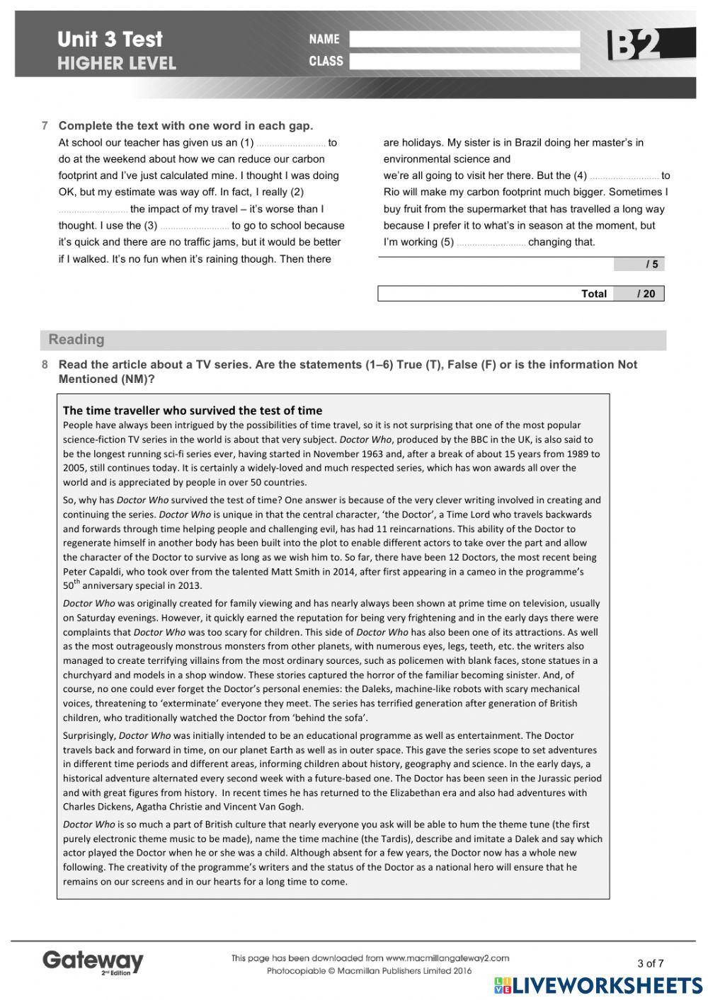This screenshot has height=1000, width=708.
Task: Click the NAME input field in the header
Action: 464,39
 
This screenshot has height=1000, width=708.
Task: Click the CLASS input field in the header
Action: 464,62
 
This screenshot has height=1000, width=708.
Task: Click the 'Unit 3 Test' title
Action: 110,39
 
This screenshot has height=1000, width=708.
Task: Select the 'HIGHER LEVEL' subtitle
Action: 116,64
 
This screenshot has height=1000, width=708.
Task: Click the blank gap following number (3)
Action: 195,226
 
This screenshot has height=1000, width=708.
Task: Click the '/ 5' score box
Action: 639,264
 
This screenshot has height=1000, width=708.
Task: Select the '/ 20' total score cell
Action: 639,294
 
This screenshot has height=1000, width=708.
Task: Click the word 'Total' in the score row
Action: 593,294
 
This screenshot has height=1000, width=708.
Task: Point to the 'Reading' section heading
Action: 76,340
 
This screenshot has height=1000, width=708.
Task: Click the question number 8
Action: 45,365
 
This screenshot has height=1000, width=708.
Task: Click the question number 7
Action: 45,126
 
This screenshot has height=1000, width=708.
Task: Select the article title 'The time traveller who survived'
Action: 192,410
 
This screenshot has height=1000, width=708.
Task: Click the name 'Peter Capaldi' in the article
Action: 92,572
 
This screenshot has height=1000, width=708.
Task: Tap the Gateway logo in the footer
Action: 93,961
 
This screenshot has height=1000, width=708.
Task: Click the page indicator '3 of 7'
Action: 650,962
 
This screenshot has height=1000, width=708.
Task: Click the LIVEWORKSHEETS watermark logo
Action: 598,986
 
